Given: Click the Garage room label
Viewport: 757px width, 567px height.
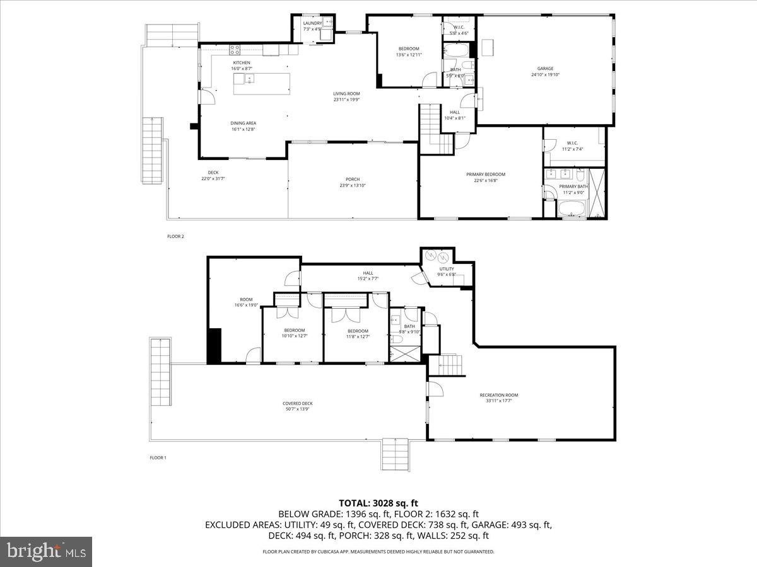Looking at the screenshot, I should click(x=545, y=69).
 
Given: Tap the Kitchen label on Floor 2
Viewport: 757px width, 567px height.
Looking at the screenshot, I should click(x=242, y=63).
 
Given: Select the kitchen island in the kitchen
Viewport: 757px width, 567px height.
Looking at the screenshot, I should click(x=262, y=84).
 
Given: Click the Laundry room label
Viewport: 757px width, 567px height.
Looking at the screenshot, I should click(x=312, y=23).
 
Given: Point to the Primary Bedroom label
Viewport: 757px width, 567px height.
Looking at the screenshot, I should click(x=486, y=175).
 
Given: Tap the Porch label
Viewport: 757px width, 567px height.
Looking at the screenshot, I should click(x=353, y=180).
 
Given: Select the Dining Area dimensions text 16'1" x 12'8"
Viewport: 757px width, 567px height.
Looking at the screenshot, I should click(x=243, y=129).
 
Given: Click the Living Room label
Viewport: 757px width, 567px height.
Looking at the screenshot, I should click(x=346, y=94).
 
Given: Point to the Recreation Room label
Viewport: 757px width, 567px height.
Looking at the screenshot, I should click(x=503, y=395).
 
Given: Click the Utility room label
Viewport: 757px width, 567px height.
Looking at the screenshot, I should click(x=447, y=269).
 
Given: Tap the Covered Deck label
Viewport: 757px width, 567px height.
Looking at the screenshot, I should click(x=297, y=404).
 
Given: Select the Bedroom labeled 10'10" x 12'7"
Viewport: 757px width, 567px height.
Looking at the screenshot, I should click(x=295, y=331).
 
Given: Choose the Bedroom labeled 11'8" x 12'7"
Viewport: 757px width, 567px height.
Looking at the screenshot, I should click(x=358, y=331).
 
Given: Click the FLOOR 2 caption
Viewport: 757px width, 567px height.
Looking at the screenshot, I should click(x=175, y=236).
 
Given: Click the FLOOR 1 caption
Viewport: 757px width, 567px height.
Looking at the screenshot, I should click(x=158, y=457).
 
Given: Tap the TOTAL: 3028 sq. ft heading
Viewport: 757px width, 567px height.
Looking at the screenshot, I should click(x=378, y=503).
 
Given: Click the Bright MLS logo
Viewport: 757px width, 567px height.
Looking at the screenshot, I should click(x=46, y=552).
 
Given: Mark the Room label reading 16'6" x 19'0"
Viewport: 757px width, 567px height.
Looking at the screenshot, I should click(x=246, y=300).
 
